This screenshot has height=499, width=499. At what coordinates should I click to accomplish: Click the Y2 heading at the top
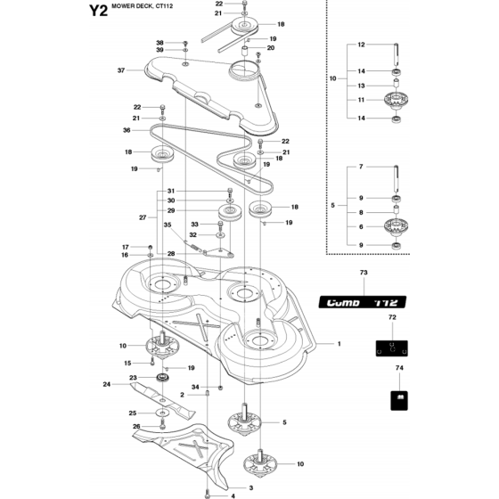[x=98, y=11]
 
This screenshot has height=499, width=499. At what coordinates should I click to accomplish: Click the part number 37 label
[x=121, y=70]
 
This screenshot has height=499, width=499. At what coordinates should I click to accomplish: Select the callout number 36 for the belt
[x=127, y=130]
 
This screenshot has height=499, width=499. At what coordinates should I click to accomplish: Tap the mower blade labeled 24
[x=162, y=400]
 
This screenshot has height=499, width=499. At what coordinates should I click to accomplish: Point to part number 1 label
[x=339, y=344]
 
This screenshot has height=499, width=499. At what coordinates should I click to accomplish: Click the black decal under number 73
[x=363, y=302]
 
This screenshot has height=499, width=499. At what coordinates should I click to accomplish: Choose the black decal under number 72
[x=392, y=348]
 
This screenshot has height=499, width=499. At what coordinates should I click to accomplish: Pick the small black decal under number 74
[x=399, y=401]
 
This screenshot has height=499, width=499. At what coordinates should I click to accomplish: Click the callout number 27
[x=143, y=217]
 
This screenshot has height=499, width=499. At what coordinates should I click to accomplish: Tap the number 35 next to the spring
[x=168, y=225]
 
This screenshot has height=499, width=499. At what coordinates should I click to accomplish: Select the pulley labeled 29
[x=230, y=213]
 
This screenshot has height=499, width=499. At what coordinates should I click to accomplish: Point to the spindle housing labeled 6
[x=397, y=226]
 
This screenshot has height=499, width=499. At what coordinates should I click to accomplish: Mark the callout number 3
[x=251, y=488]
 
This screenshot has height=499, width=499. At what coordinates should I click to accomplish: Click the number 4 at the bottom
[x=233, y=495]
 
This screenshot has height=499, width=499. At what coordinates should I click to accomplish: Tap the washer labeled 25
[x=162, y=413]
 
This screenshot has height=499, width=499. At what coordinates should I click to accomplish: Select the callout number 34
[x=195, y=387]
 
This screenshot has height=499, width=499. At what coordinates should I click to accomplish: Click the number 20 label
[x=271, y=48]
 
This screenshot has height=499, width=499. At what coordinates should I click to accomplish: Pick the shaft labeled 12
[x=397, y=53]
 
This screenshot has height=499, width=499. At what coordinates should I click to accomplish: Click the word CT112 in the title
[x=165, y=6]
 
